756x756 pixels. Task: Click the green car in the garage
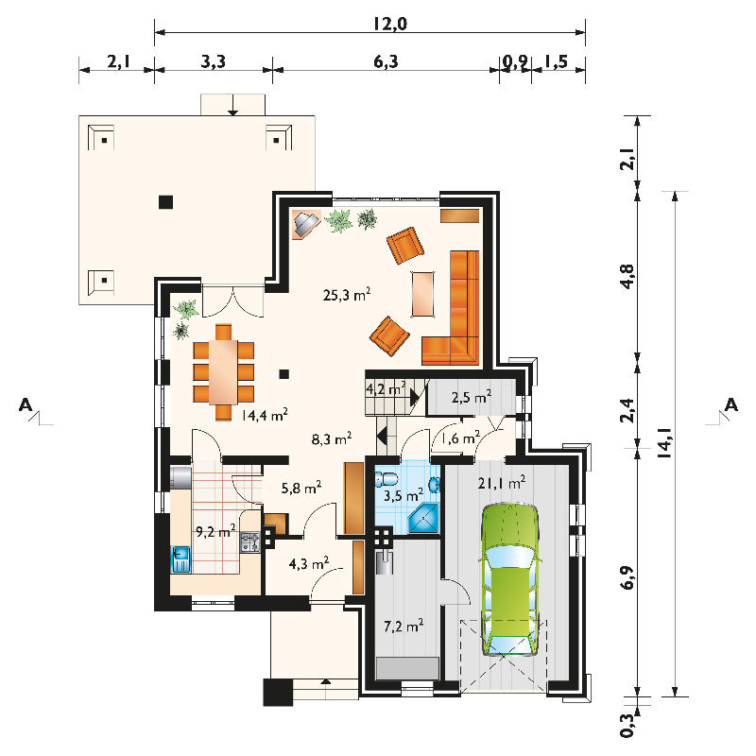pos(510,579)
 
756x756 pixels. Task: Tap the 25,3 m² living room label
pos(347,294)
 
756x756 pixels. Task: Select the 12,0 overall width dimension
pos(389,24)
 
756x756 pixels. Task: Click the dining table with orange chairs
pos(223,371)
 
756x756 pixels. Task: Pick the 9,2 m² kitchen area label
pos(215,532)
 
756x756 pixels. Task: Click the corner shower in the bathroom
pos(424,518)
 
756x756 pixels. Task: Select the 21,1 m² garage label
pos(502,483)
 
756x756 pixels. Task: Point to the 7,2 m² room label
pos(404,627)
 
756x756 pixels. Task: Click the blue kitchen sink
pos(180,559)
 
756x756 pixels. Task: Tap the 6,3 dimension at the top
pos(386,62)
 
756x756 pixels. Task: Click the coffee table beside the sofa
pos(422,294)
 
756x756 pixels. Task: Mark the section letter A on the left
pos(26,405)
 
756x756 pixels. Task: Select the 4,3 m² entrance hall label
pos(309,563)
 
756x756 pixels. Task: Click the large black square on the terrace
pos(166,201)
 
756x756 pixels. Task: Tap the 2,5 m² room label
pos(472,398)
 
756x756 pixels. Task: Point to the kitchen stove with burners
pos(250,541)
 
